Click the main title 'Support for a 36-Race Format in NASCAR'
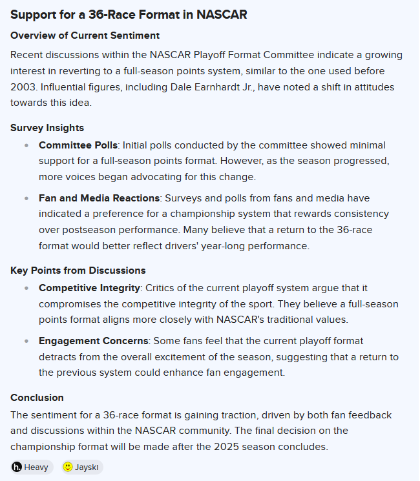pos(129,14)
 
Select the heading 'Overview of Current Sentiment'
pos(85,36)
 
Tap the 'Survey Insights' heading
pos(47,128)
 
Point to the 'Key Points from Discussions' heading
pos(78,271)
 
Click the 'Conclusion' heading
pos(37,398)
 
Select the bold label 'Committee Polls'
pos(78,145)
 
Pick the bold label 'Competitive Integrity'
pos(89,288)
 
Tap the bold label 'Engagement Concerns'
pos(94,341)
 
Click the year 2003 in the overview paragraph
pos(24,87)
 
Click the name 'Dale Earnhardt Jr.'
pos(202,87)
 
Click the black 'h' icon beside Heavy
pos(17,467)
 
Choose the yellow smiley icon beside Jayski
pos(68,467)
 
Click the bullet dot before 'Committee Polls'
pos(26,146)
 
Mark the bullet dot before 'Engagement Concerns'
pos(26,341)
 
